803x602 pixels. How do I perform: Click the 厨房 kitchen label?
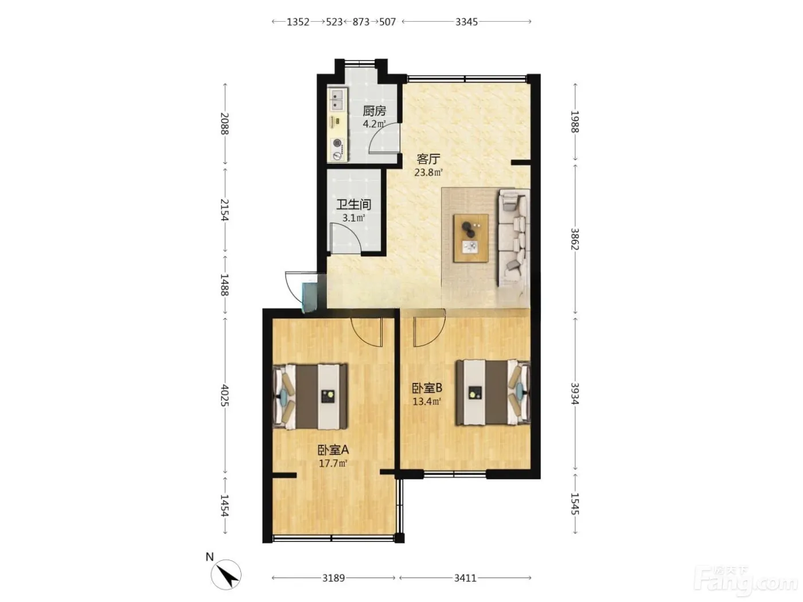(x=374, y=111)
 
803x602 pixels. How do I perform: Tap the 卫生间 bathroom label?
(x=354, y=204)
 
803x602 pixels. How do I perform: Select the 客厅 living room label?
(x=428, y=159)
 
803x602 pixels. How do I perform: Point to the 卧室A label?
(x=333, y=449)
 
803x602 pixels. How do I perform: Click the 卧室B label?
(x=427, y=388)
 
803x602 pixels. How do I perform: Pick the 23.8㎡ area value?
(x=428, y=172)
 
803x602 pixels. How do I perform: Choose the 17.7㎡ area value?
(x=333, y=463)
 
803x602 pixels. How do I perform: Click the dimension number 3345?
(x=466, y=22)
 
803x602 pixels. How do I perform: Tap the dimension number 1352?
(x=298, y=22)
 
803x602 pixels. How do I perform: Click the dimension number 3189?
(x=333, y=578)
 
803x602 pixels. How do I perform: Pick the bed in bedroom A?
(x=310, y=396)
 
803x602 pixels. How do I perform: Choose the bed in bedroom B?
(x=493, y=393)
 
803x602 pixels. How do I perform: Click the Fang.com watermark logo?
(x=746, y=581)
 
